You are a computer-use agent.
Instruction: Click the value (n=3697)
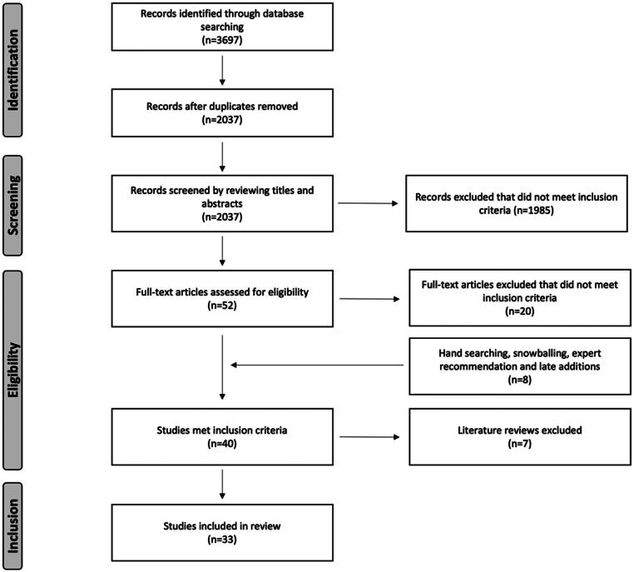coord(222,40)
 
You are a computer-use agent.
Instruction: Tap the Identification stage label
coord(13,70)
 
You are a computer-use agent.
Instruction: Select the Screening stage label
coord(13,205)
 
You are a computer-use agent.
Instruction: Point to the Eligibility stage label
coord(13,370)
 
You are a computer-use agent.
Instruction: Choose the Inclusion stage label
coord(13,525)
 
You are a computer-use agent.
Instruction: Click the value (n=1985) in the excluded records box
coord(533,211)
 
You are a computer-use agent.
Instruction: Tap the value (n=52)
coord(222,306)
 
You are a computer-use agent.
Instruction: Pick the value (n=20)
coord(519,311)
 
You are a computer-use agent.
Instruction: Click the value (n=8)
coord(519,380)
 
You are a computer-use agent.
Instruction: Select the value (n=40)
coord(222,444)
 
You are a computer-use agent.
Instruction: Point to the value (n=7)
coord(519,444)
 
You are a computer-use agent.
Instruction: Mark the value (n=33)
coord(222,540)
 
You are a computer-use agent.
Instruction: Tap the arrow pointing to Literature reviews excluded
coord(369,437)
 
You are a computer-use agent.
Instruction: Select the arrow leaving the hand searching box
coord(317,365)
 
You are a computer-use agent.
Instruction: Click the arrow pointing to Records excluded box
coord(368,203)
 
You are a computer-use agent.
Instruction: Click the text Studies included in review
coord(222,526)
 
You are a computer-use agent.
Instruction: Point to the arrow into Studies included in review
coord(222,485)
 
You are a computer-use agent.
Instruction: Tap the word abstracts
coord(221,203)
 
